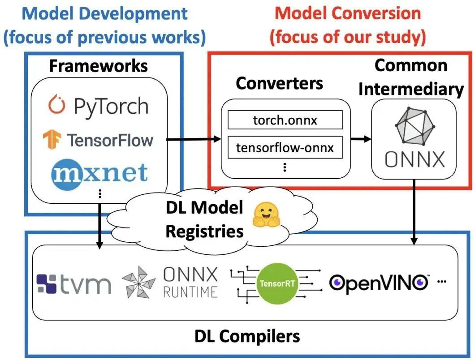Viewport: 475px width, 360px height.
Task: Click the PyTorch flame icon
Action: click(57, 105)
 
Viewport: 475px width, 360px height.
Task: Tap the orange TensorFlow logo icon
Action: click(52, 139)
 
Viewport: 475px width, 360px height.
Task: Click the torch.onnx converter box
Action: click(285, 120)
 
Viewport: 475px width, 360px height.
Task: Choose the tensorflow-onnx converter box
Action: click(285, 148)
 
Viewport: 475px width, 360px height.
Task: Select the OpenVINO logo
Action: click(379, 282)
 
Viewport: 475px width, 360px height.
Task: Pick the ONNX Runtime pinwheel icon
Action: click(138, 283)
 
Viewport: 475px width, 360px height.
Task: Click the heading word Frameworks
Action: click(98, 66)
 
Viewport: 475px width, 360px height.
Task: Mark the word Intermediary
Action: click(411, 89)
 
